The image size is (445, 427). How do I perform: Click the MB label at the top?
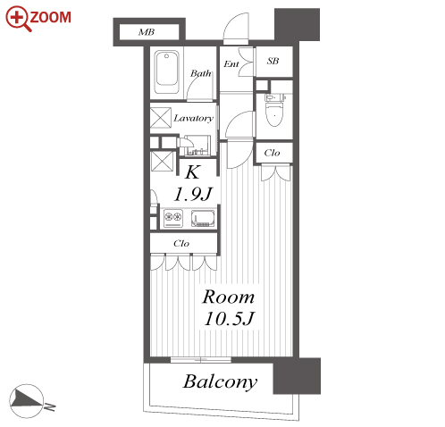coord(147,32)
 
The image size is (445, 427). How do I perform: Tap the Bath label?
coord(201,73)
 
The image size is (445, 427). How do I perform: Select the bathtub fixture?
coord(167,72)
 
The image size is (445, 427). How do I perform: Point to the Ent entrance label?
coord(231,63)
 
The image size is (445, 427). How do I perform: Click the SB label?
coord(273,61)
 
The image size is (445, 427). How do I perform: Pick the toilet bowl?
coord(274,111)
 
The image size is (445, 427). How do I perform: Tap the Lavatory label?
coord(194,118)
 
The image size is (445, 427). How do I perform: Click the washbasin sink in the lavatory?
coord(197,146)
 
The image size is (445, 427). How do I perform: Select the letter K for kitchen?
coord(192,172)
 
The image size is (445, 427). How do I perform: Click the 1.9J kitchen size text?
coord(193,194)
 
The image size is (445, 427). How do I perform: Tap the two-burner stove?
coord(173,219)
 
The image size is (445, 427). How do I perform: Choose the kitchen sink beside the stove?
coord(203,219)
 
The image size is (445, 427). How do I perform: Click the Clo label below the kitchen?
coord(181,243)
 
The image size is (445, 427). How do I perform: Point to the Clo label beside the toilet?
coord(272,153)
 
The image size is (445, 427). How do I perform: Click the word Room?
coord(229,297)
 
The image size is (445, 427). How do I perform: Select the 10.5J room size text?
coord(229,318)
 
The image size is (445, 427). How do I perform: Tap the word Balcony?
coord(220,381)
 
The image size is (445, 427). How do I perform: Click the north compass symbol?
coord(27,401)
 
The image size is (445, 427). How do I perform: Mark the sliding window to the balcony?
coord(201,359)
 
